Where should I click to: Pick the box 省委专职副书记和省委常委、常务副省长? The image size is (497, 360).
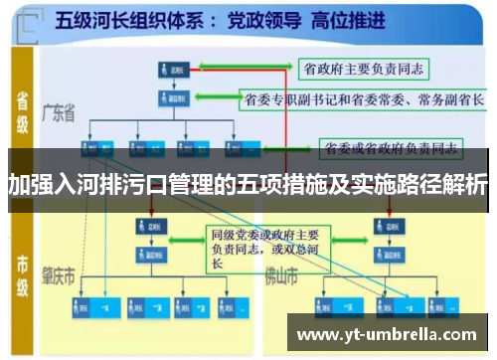364,99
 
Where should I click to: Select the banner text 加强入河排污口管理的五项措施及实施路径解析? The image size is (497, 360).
248,184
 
